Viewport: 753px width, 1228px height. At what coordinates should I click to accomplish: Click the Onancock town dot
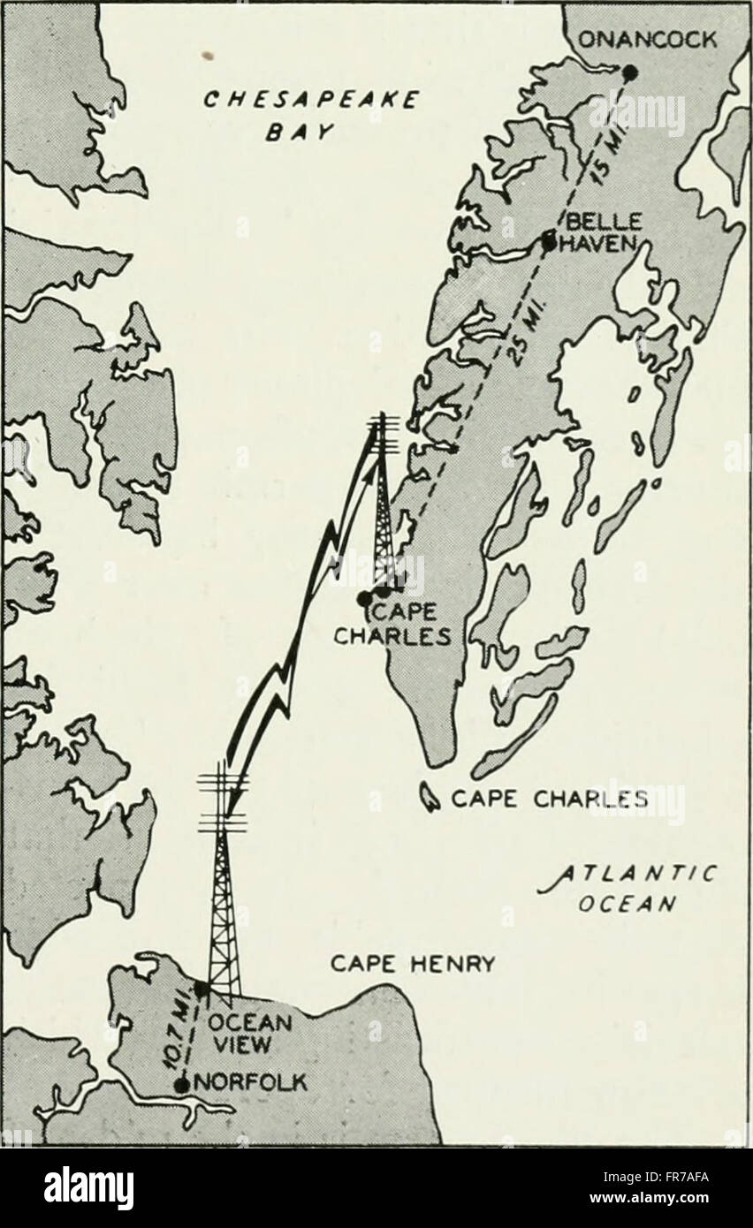[629, 72]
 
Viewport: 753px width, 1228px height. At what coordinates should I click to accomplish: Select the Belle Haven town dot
[549, 240]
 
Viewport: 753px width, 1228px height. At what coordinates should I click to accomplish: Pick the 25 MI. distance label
[514, 336]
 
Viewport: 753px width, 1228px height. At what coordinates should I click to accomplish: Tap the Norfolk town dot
[182, 1084]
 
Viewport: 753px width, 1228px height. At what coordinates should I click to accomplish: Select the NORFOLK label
[249, 1082]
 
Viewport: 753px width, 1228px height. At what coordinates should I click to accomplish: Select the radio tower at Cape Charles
[384, 504]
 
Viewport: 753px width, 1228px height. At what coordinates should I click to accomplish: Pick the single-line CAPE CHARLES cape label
[549, 800]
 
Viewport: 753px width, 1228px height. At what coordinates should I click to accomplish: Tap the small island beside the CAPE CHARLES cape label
[430, 800]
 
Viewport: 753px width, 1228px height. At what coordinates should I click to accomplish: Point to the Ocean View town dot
[202, 989]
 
